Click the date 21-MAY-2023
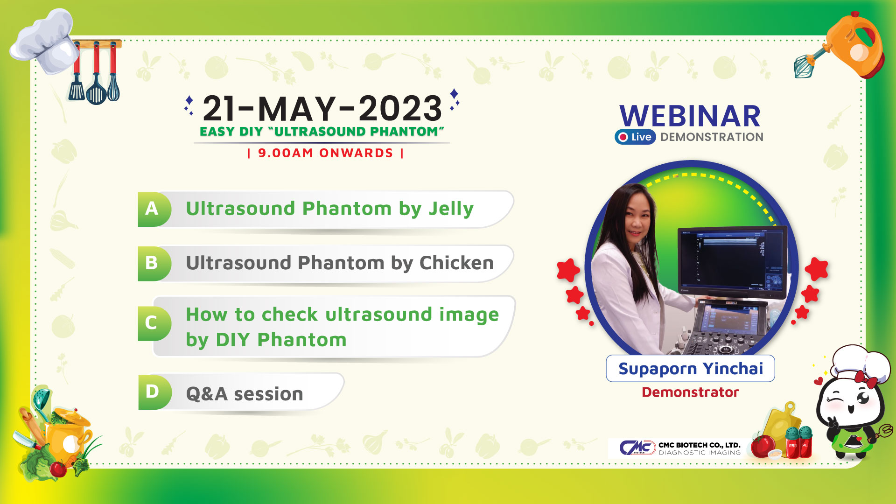(322, 108)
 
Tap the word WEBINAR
(690, 116)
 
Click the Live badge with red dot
(635, 137)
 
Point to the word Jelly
(451, 209)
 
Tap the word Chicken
(456, 263)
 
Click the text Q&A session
(245, 394)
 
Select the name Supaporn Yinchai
(691, 369)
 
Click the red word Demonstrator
(690, 392)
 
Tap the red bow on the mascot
(866, 378)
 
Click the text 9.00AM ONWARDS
(326, 153)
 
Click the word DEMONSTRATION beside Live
(712, 137)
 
